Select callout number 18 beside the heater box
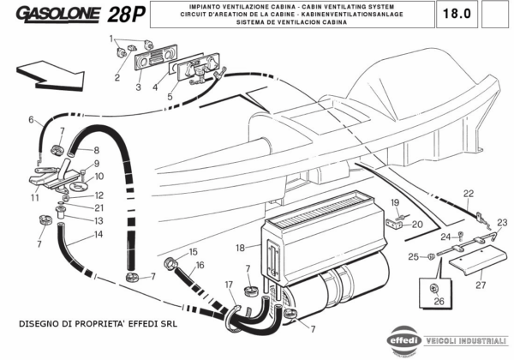pos(242,248)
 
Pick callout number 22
pos(469,193)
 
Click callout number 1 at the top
pos(111,39)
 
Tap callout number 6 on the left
pos(31,119)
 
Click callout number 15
pos(193,251)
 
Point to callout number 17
pos(229,284)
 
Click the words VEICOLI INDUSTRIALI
pos(468,339)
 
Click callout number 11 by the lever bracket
pos(34,198)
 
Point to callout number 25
pos(413,256)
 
